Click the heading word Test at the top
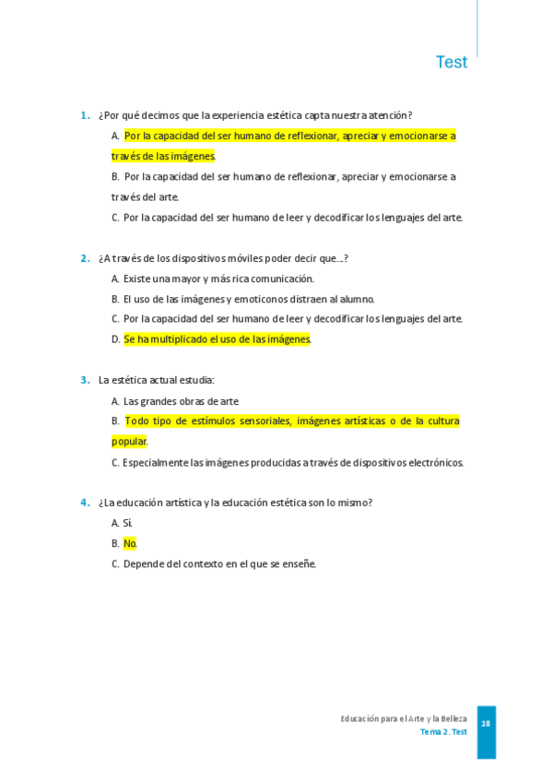(452, 63)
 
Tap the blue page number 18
(486, 724)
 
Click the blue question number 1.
(84, 115)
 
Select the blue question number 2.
(84, 258)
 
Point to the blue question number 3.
(84, 379)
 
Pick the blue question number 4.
(84, 503)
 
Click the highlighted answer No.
(129, 543)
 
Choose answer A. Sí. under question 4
(122, 523)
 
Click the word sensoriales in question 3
(263, 421)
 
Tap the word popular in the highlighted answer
(128, 442)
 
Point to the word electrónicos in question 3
(434, 463)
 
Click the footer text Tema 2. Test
(443, 732)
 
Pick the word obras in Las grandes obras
(195, 401)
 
